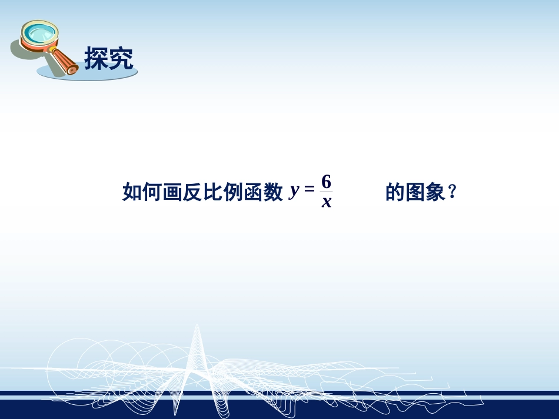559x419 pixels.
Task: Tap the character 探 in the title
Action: (x=97, y=59)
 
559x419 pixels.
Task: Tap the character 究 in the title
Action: (x=121, y=59)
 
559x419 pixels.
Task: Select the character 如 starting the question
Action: (x=131, y=192)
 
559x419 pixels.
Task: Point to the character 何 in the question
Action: (x=151, y=192)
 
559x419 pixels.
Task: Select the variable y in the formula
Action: (x=295, y=192)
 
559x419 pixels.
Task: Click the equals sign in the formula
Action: (x=310, y=190)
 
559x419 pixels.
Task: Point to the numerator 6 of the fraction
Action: (x=327, y=182)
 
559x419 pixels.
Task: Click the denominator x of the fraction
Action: (x=327, y=203)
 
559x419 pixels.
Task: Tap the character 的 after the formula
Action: (x=395, y=192)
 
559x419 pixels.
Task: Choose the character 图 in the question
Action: (x=415, y=192)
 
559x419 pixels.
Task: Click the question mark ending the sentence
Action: (x=452, y=192)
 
